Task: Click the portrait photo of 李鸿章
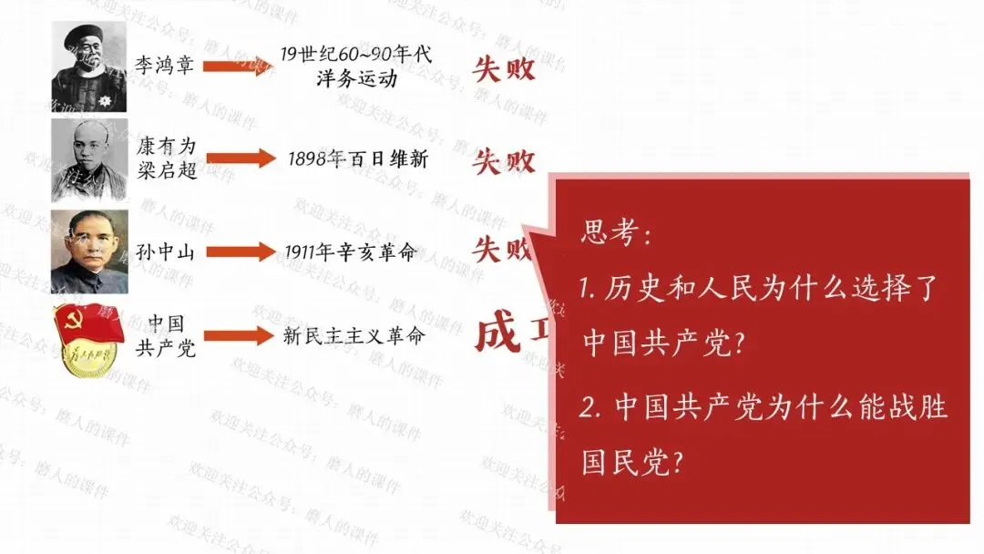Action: pos(88,67)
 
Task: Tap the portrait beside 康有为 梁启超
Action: pos(88,159)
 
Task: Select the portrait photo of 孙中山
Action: pos(88,251)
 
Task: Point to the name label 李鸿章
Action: pos(165,66)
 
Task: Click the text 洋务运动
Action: pos(355,78)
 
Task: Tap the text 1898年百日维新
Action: pos(358,159)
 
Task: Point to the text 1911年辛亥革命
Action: pos(350,252)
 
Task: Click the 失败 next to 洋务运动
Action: pos(504,69)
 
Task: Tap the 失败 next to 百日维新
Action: pos(504,162)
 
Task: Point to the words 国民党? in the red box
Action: pos(633,462)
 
